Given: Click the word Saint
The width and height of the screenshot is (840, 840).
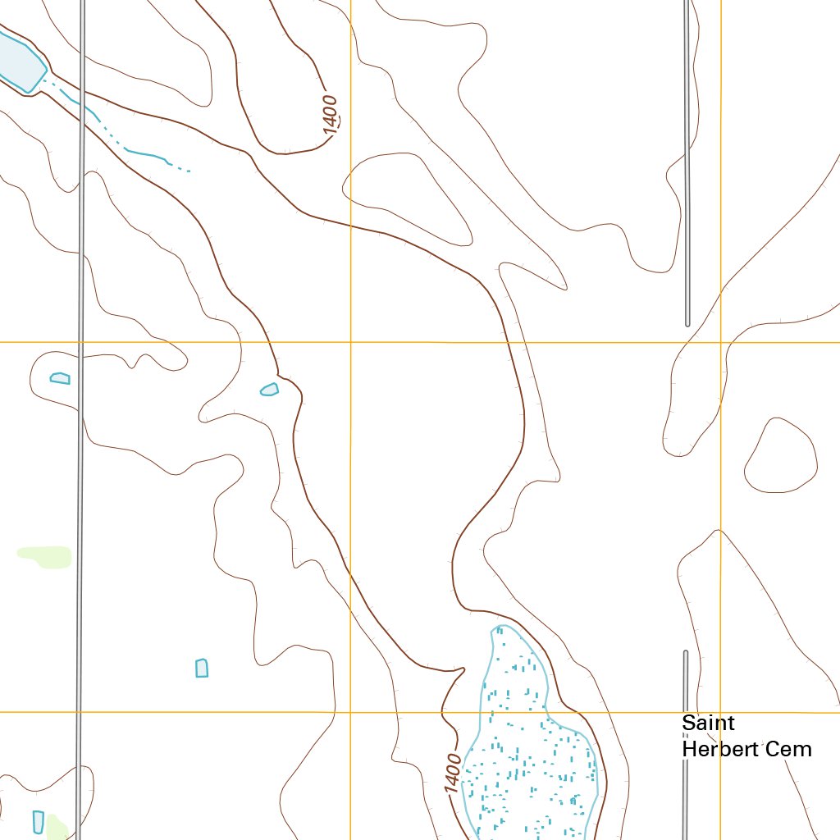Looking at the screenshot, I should click(708, 724).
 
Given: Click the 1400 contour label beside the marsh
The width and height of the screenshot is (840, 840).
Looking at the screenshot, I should click(453, 773).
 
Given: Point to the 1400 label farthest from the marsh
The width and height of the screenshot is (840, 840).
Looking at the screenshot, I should click(331, 115).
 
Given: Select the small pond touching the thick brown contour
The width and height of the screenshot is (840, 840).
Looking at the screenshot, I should click(269, 389).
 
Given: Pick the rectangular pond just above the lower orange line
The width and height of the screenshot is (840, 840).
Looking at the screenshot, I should click(202, 668).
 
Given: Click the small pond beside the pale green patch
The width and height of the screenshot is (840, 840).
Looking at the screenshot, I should click(38, 821).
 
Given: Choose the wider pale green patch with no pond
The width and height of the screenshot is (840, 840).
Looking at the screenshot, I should click(45, 556).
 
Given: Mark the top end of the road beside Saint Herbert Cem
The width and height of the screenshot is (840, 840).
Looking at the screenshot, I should click(686, 654).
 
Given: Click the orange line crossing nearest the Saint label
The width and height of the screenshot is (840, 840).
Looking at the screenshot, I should click(720, 712).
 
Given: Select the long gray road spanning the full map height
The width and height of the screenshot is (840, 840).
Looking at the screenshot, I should click(80, 410).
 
